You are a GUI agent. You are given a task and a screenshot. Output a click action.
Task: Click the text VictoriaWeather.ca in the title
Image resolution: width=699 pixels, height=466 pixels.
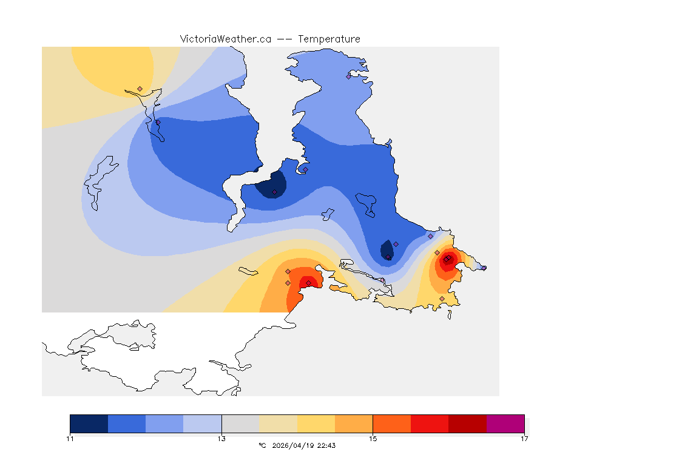click(225, 39)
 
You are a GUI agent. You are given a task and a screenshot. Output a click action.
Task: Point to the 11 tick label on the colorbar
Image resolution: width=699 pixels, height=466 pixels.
click(70, 438)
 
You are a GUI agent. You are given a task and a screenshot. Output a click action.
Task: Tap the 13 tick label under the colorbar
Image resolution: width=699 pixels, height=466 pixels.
click(221, 438)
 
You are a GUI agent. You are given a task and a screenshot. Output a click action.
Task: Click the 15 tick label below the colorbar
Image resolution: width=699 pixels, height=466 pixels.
click(373, 438)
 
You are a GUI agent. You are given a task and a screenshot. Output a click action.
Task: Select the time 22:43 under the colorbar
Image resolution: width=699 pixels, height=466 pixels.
click(326, 445)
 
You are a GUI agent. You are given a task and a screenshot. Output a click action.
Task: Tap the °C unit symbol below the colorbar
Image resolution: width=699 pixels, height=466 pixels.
click(262, 445)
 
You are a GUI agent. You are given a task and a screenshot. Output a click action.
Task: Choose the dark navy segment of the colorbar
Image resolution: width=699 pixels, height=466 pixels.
click(89, 424)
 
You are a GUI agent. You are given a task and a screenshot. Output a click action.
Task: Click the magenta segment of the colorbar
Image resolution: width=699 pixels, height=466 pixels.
click(505, 424)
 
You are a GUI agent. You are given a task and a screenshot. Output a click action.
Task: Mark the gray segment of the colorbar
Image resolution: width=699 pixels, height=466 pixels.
click(240, 424)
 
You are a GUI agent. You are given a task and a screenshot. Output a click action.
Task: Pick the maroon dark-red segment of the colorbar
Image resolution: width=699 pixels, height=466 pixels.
click(467, 424)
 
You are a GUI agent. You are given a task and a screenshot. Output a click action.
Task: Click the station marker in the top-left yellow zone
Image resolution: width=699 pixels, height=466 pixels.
click(140, 89)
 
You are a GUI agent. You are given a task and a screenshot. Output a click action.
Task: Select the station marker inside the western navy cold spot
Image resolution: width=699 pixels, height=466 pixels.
click(274, 192)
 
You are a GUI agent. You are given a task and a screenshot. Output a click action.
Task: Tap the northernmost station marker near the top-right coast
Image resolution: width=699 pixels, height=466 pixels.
click(348, 76)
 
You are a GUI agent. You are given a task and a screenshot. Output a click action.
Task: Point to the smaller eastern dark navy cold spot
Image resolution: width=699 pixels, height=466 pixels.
click(386, 250)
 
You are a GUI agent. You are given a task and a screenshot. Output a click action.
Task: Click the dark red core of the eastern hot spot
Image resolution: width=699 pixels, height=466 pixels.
click(446, 260)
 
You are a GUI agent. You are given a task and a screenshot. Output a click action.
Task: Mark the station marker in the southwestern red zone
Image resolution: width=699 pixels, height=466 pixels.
click(308, 283)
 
